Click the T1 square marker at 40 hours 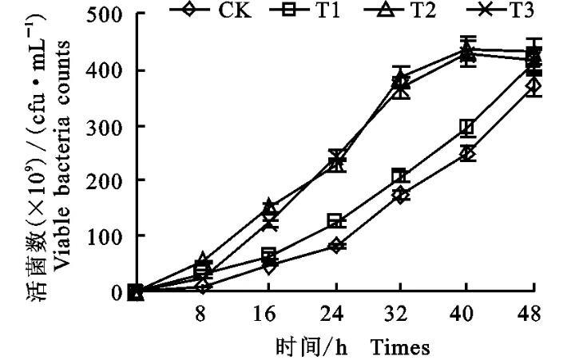pos(468,128)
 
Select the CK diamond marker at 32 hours pos(402,194)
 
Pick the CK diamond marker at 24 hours pos(335,245)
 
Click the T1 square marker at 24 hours pos(335,221)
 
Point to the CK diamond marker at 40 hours pos(468,153)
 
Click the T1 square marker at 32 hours pos(402,176)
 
